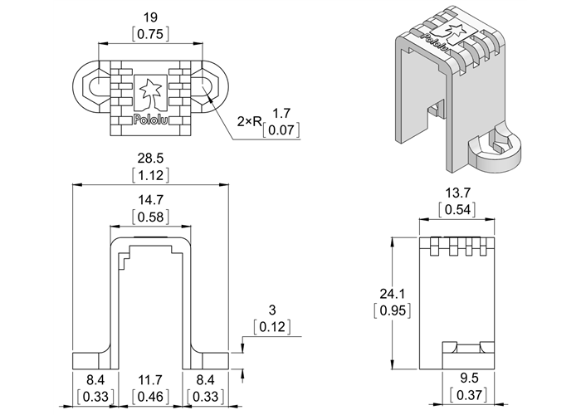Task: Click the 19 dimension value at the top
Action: pyautogui.click(x=149, y=17)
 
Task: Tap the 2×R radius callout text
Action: pyautogui.click(x=249, y=122)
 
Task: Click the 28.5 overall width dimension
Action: pyautogui.click(x=149, y=158)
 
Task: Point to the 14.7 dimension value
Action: pyautogui.click(x=149, y=200)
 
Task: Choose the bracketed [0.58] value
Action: pyautogui.click(x=149, y=217)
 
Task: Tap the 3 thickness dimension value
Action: pyautogui.click(x=272, y=310)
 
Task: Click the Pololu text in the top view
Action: pyautogui.click(x=149, y=119)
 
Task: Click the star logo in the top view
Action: pyautogui.click(x=149, y=90)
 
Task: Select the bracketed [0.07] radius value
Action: pyautogui.click(x=281, y=130)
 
